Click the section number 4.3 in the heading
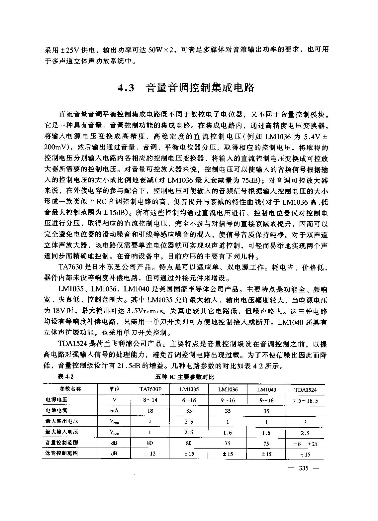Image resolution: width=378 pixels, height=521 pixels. (127, 88)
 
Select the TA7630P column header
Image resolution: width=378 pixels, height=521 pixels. (150, 389)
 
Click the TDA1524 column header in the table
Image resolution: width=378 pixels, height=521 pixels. (305, 390)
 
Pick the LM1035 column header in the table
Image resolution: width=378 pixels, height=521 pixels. (189, 389)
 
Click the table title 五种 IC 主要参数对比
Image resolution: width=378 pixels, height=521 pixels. (185, 377)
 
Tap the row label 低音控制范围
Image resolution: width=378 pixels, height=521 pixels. (61, 453)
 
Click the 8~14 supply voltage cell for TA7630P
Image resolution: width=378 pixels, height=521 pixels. (150, 400)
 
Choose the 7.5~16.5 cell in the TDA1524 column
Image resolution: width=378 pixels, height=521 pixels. (305, 401)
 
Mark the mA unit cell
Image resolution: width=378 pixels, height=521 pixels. (114, 411)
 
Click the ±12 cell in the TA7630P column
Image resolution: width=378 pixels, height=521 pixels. (150, 454)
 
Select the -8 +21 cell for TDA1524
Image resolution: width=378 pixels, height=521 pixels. (305, 444)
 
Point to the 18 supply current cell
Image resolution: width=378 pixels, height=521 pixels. (150, 411)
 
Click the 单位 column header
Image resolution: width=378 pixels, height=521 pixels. (114, 389)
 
